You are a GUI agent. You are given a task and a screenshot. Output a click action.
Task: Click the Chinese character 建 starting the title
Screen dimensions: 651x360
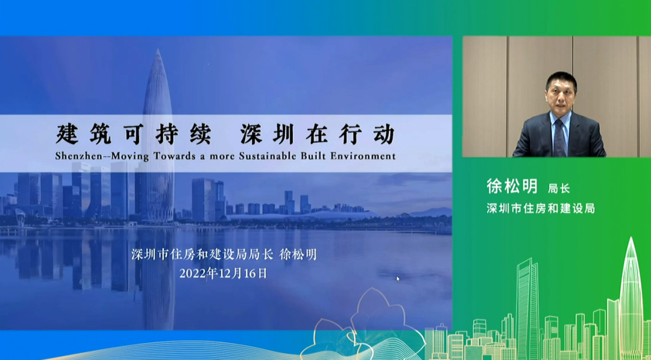pyautogui.click(x=67, y=134)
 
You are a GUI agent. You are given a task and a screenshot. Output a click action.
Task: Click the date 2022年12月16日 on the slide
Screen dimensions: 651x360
pyautogui.click(x=223, y=273)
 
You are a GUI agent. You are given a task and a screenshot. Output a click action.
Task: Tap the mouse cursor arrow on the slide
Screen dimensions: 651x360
pyautogui.click(x=398, y=279)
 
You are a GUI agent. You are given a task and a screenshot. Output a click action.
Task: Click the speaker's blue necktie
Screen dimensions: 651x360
pyautogui.click(x=560, y=137)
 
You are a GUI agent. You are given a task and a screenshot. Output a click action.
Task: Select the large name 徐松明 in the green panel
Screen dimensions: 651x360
pyautogui.click(x=512, y=186)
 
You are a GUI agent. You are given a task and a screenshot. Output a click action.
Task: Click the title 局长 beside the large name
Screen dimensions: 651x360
pyautogui.click(x=559, y=189)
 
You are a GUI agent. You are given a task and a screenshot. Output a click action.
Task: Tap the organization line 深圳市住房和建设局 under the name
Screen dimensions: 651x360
pyautogui.click(x=541, y=208)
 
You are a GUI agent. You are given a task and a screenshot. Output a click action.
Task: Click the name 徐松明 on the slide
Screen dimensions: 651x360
pyautogui.click(x=298, y=254)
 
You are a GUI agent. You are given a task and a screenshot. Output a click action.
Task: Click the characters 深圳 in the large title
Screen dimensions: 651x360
pyautogui.click(x=266, y=134)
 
